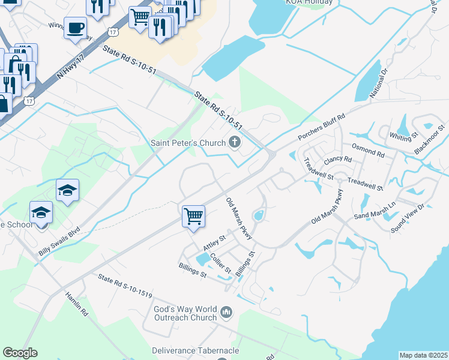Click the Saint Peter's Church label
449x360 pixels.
point(187,142)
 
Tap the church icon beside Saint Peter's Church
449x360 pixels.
point(235,142)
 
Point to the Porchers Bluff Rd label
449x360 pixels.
point(322,128)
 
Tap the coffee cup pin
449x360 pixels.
point(76,28)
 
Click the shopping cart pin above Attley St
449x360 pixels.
point(193,216)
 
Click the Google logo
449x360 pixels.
point(20,353)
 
